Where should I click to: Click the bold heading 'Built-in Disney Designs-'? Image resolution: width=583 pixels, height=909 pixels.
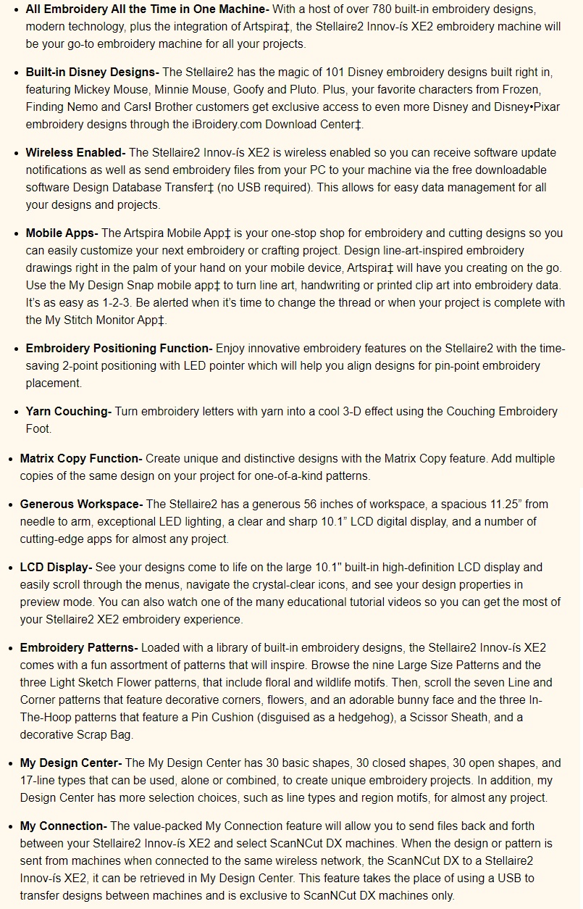click(x=92, y=72)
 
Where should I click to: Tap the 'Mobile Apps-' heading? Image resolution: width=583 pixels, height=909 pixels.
click(x=62, y=233)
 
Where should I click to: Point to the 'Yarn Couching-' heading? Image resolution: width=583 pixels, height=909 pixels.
click(x=68, y=411)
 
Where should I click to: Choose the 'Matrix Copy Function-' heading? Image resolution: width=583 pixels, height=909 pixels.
click(x=81, y=458)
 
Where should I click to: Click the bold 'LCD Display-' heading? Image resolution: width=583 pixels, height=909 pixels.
click(x=56, y=567)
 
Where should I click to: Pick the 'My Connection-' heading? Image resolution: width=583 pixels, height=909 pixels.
click(x=64, y=826)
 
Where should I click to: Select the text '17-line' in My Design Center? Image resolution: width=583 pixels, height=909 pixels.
click(x=41, y=780)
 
